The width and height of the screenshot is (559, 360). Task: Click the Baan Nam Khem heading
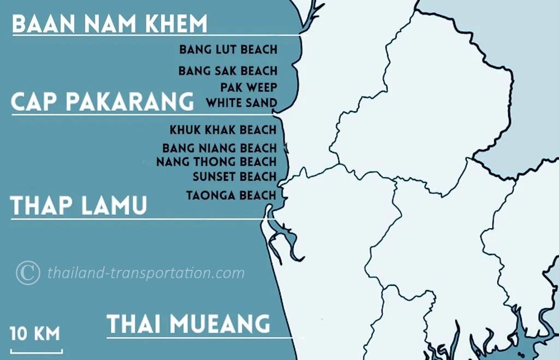click(x=110, y=24)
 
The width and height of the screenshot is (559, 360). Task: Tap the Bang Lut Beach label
click(x=228, y=50)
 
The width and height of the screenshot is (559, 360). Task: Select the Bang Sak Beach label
click(x=228, y=71)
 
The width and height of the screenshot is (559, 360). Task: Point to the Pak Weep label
click(x=249, y=87)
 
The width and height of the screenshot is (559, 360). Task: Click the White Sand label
click(x=241, y=103)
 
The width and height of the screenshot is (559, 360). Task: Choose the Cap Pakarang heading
click(x=103, y=102)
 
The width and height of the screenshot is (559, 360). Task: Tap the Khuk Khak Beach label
click(x=223, y=130)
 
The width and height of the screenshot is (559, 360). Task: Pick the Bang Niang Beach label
click(x=219, y=148)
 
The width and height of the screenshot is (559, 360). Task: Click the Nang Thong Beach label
click(x=216, y=162)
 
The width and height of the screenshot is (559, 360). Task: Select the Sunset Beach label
click(x=235, y=176)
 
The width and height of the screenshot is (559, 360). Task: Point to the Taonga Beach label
click(x=231, y=195)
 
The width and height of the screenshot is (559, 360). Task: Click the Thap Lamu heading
click(x=79, y=206)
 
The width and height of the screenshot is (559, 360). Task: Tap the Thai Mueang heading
click(x=188, y=323)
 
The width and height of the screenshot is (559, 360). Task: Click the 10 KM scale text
click(x=35, y=334)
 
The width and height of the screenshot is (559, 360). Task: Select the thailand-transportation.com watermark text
click(x=146, y=273)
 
